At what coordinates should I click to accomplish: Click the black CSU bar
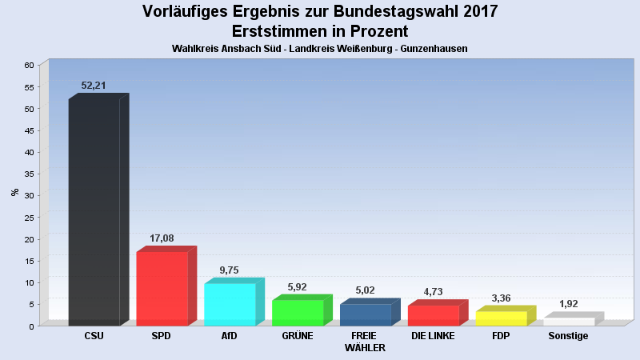(x=94, y=212)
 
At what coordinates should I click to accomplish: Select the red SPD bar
(x=162, y=289)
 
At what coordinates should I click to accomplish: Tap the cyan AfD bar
(x=230, y=305)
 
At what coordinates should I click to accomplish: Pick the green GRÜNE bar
(x=298, y=313)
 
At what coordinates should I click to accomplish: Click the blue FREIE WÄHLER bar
(x=366, y=315)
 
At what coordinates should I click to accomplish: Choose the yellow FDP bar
(x=501, y=318)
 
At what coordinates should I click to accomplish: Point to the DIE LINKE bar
(x=433, y=315)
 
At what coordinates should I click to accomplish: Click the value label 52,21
(x=94, y=86)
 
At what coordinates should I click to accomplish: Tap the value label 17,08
(x=162, y=238)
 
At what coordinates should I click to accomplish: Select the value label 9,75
(x=230, y=270)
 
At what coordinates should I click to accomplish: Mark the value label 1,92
(x=569, y=304)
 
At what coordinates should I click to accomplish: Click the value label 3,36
(x=501, y=298)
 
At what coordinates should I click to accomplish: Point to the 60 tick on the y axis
(x=30, y=65)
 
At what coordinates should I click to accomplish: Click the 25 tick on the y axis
(x=30, y=218)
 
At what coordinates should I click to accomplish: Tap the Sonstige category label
(x=568, y=336)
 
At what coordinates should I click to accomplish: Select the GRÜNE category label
(x=298, y=336)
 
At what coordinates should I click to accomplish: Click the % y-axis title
(x=14, y=192)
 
